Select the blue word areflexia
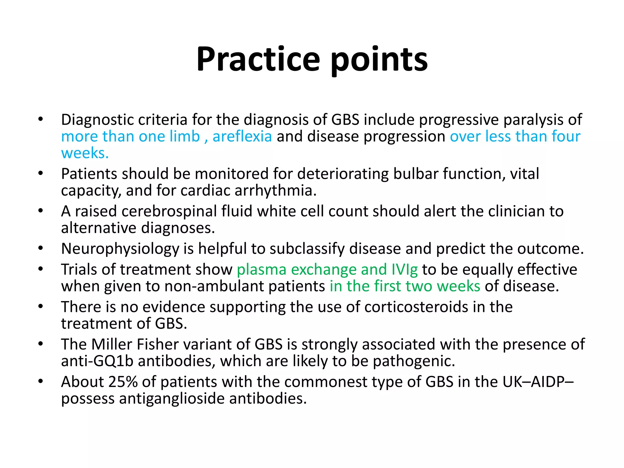(242, 136)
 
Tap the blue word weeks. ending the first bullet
(85, 153)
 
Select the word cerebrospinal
(169, 211)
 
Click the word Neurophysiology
(120, 249)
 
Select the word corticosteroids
(416, 307)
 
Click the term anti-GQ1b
(97, 361)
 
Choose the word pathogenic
(414, 361)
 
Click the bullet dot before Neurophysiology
(41, 249)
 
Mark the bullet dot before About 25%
(41, 381)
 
